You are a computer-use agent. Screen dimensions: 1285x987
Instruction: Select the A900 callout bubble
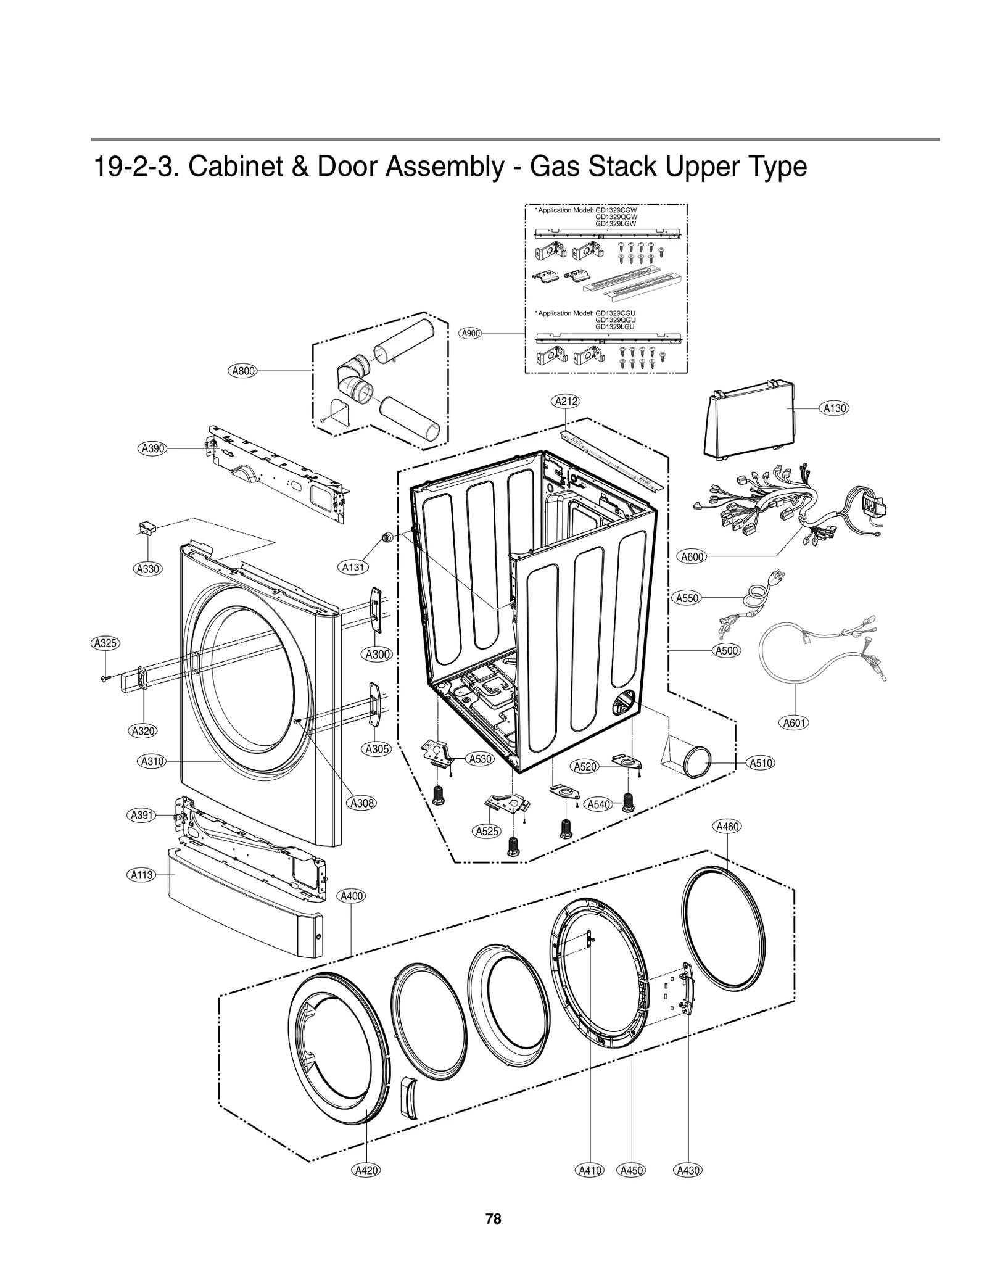tap(471, 333)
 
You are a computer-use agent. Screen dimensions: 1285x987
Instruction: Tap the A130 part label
tap(835, 408)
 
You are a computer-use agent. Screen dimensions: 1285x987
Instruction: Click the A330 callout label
tap(147, 569)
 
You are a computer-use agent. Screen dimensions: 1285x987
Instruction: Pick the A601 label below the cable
tap(795, 722)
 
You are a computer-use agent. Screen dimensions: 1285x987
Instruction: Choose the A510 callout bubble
tap(761, 763)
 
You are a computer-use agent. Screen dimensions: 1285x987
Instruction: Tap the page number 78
tap(493, 1219)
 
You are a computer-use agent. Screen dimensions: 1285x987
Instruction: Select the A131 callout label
tap(353, 566)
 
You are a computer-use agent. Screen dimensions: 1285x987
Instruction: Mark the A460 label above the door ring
tap(727, 827)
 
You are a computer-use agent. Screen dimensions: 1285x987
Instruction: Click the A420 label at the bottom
tap(366, 1170)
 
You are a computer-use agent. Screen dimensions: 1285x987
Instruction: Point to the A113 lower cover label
tap(142, 875)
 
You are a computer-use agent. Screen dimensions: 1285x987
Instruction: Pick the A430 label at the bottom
tap(688, 1170)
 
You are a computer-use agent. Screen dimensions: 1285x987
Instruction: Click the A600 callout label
tap(692, 556)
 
